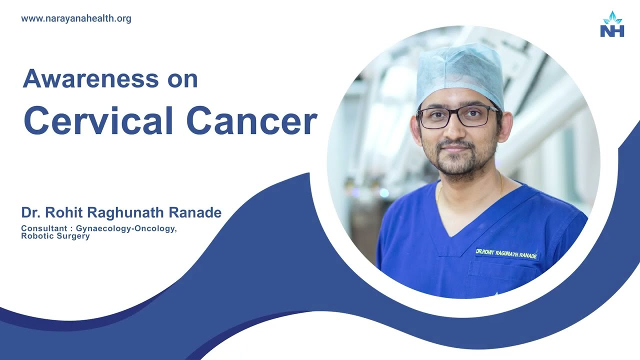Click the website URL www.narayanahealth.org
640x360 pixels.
click(76, 19)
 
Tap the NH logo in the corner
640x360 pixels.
click(612, 25)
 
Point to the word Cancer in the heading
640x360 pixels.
click(252, 121)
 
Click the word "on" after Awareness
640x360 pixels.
click(183, 79)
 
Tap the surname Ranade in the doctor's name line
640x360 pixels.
click(195, 212)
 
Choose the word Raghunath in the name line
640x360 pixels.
click(125, 212)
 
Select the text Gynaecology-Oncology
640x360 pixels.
click(126, 228)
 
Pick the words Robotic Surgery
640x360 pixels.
click(55, 236)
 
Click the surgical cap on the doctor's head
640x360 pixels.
click(459, 72)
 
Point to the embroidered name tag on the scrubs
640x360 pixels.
click(506, 254)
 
